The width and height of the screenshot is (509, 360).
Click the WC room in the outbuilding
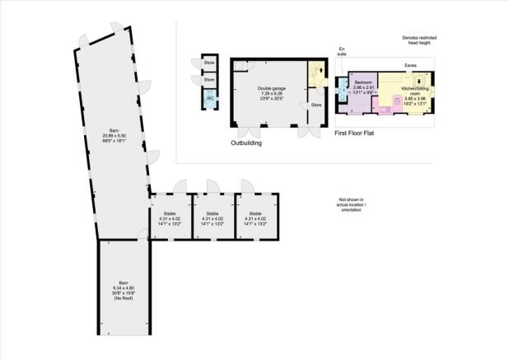coord(209,99)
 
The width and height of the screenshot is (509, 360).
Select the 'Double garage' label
coord(270,88)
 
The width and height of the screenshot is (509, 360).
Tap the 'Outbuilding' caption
coord(246,143)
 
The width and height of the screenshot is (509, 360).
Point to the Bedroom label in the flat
coord(364,83)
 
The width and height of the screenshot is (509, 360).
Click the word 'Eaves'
coord(409,66)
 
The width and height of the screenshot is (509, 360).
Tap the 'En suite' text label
coord(342,53)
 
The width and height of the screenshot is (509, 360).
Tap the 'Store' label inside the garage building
coord(315,106)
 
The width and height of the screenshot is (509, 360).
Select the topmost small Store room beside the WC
coord(209,63)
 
